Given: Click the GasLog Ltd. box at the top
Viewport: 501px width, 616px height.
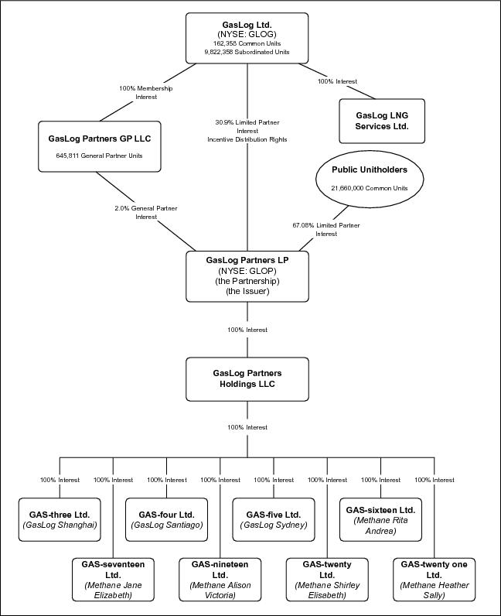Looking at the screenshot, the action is coord(247,38).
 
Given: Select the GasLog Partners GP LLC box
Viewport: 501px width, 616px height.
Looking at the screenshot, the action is coord(100,146).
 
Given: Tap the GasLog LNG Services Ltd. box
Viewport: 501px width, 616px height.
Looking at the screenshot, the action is coord(382,121).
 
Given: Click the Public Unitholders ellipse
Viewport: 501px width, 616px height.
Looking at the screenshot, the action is coord(370,179).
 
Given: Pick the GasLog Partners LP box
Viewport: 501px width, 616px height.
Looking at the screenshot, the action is coord(247,276).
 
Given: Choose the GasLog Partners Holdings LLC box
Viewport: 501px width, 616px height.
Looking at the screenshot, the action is coord(247,379).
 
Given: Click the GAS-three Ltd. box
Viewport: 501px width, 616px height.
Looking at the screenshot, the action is coord(60,520).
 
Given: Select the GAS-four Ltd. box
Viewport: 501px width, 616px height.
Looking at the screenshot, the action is coord(166,520).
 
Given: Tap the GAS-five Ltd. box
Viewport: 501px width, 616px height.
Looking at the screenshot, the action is coord(274,520).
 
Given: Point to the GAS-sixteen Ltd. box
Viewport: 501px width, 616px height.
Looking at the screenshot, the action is coord(380,520).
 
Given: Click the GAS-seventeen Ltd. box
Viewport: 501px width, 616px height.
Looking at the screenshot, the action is coord(113,580).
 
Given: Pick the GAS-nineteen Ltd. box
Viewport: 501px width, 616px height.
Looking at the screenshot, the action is coord(220,580).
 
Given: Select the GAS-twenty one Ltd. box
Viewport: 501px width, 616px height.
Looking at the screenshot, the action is coord(435,580).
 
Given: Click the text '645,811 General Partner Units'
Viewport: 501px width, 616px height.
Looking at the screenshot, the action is coord(99,156).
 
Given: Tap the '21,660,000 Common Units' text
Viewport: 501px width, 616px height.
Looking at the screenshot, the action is coord(370,188).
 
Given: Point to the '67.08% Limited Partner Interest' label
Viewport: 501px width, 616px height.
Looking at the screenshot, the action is coord(326,229).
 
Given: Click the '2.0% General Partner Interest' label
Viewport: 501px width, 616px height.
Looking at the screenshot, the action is coord(146,213).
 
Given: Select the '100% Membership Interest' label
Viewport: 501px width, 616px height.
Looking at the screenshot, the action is coord(146,93).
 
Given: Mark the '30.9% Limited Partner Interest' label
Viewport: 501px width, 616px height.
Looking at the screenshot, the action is coord(247,126).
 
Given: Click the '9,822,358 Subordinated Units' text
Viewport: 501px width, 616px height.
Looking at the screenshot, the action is coord(247,52).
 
